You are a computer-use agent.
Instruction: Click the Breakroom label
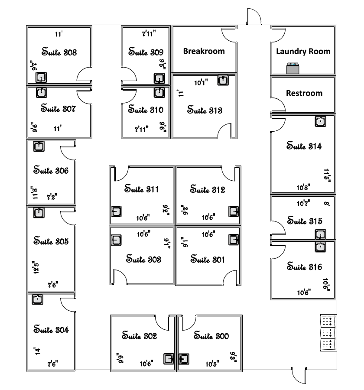tap(204, 51)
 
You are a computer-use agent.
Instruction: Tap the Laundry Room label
tap(303, 51)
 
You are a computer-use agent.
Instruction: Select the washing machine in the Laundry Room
tap(293, 68)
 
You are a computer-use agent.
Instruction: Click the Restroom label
tap(304, 93)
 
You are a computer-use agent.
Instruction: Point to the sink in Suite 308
tap(41, 78)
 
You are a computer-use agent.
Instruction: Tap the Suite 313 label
tap(205, 110)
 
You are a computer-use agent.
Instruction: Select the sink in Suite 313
tap(223, 81)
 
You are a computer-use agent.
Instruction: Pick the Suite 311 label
tap(141, 189)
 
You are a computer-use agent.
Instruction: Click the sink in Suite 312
tap(234, 211)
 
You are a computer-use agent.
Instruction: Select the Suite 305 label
tap(51, 241)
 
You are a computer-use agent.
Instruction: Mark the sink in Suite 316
tap(320, 247)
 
